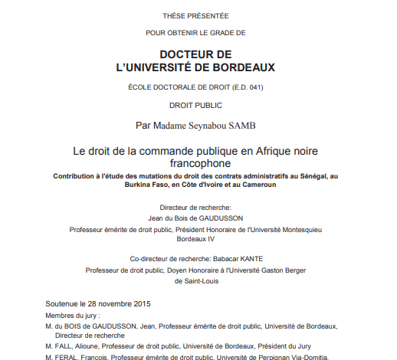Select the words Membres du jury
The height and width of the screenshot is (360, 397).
point(72,315)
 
